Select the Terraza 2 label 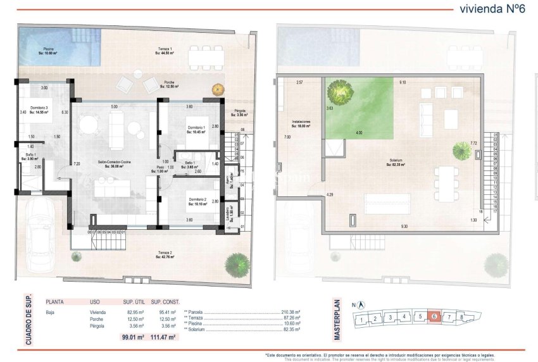click(x=166, y=255)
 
